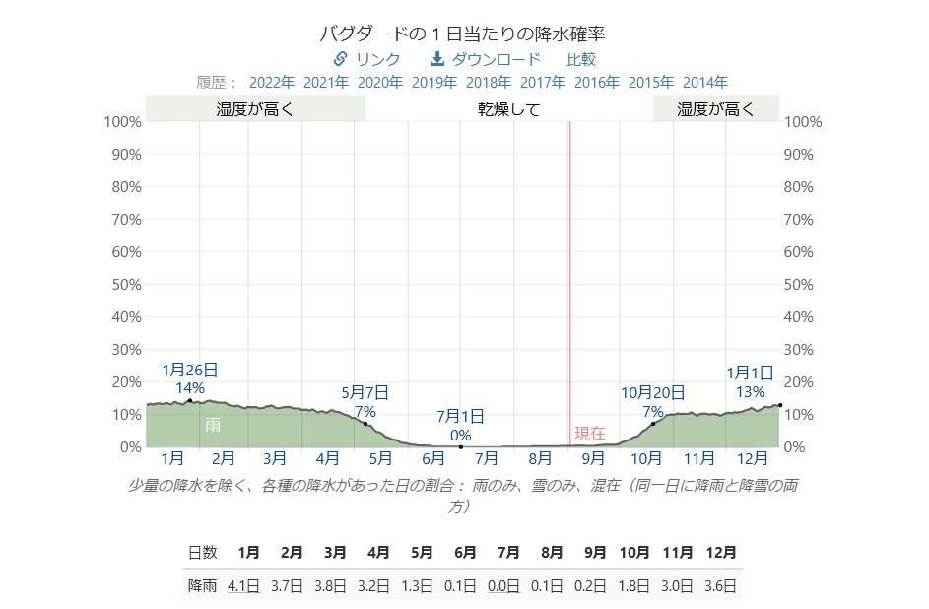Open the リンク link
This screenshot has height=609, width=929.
[x=367, y=59]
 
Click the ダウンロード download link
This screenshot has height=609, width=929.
[x=486, y=59]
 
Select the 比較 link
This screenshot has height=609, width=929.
[x=581, y=59]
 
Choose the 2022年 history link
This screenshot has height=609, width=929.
[x=271, y=82]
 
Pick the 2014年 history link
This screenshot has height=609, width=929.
[x=705, y=82]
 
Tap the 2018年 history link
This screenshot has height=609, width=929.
[x=489, y=82]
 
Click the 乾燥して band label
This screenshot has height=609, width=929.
[x=508, y=109]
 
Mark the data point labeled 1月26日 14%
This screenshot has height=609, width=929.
[x=189, y=401]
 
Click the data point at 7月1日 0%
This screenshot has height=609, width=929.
[x=461, y=446]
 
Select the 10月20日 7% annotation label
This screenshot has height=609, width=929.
[x=652, y=402]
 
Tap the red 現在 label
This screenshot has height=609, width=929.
[x=589, y=433]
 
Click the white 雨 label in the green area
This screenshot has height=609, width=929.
[x=213, y=425]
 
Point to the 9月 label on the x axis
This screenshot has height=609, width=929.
[x=593, y=458]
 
